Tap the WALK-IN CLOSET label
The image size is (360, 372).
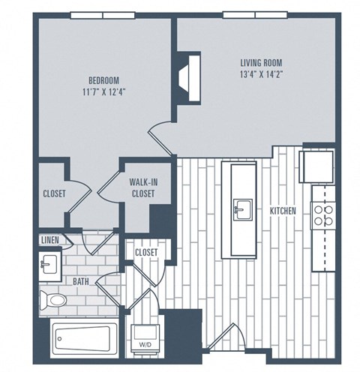coord(142,187)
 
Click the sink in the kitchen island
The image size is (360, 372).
coord(242,206)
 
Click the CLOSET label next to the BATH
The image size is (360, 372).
coord(145,253)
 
